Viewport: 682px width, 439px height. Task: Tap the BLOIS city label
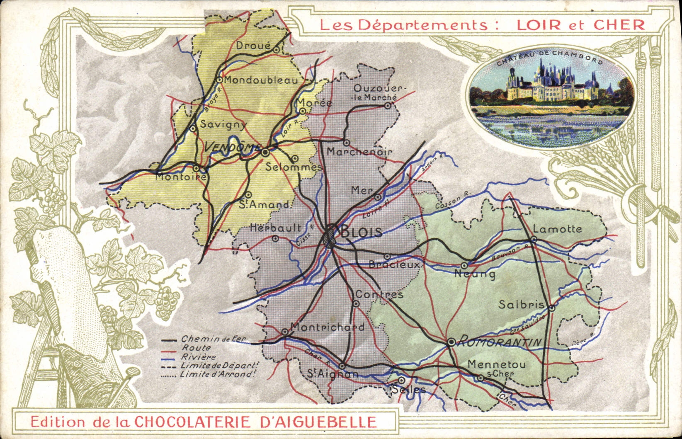361,232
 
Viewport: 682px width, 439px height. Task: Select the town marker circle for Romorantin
451,342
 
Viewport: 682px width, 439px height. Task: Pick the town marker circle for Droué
276,49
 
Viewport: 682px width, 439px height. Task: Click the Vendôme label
233,147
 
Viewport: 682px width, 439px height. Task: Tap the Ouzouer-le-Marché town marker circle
387,106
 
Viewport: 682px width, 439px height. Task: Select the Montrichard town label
327,327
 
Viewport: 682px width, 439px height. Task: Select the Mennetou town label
496,364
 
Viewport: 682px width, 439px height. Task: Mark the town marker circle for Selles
401,380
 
